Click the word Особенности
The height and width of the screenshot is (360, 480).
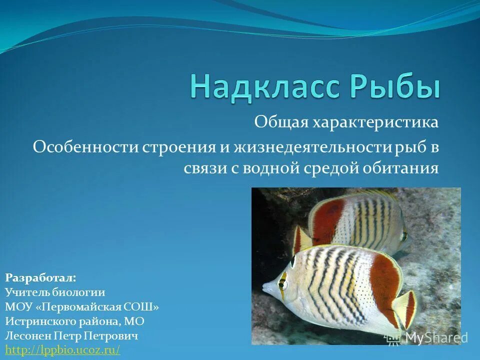click(x=86, y=147)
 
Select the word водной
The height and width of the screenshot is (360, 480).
click(x=271, y=168)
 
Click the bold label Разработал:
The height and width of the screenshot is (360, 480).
click(x=40, y=277)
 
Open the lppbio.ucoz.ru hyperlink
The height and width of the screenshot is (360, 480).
click(x=62, y=349)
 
